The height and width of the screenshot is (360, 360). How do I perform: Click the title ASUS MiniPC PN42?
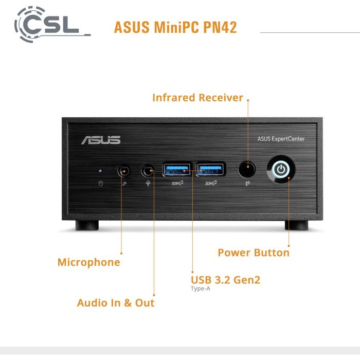(175, 27)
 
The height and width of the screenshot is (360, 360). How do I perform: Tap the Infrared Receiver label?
(197, 98)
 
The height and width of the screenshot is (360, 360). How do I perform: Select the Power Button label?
(254, 253)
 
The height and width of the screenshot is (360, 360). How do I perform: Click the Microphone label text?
(88, 262)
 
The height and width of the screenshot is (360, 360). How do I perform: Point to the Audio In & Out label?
(116, 303)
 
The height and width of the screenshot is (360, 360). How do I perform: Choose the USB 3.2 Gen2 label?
(225, 280)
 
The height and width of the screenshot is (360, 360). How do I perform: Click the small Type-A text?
(201, 289)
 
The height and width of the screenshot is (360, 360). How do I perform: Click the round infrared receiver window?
(247, 168)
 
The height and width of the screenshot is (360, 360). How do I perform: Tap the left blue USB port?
(177, 168)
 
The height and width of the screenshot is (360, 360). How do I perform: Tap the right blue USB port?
(211, 168)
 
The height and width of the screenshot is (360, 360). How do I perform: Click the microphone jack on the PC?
(124, 170)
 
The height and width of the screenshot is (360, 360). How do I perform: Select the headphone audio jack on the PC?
(148, 170)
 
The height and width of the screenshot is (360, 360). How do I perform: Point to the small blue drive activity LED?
(100, 170)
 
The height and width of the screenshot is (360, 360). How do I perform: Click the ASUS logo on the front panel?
(100, 140)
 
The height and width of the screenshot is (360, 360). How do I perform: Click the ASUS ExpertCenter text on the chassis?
(281, 139)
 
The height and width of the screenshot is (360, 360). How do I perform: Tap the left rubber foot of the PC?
(87, 226)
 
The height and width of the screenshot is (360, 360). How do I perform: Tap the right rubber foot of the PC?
(296, 226)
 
